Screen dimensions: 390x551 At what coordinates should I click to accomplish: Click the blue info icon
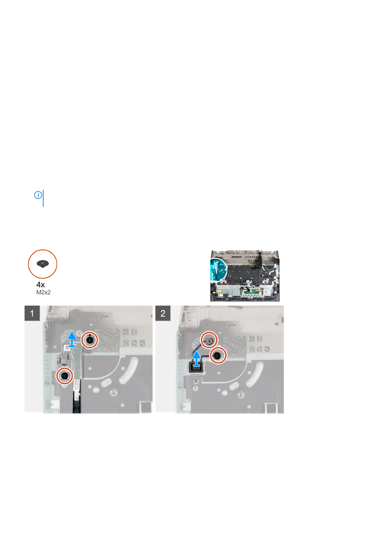(38, 195)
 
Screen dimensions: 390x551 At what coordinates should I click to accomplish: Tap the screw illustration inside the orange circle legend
(43, 263)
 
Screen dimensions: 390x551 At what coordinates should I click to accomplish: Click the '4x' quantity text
(41, 284)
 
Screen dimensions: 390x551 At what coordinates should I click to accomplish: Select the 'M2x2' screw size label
(44, 292)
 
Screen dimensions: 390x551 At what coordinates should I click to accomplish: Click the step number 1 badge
(32, 313)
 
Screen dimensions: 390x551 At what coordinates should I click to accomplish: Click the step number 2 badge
(163, 313)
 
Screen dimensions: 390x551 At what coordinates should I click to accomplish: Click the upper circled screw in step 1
(90, 340)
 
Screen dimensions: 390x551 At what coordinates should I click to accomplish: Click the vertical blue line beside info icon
(43, 198)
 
